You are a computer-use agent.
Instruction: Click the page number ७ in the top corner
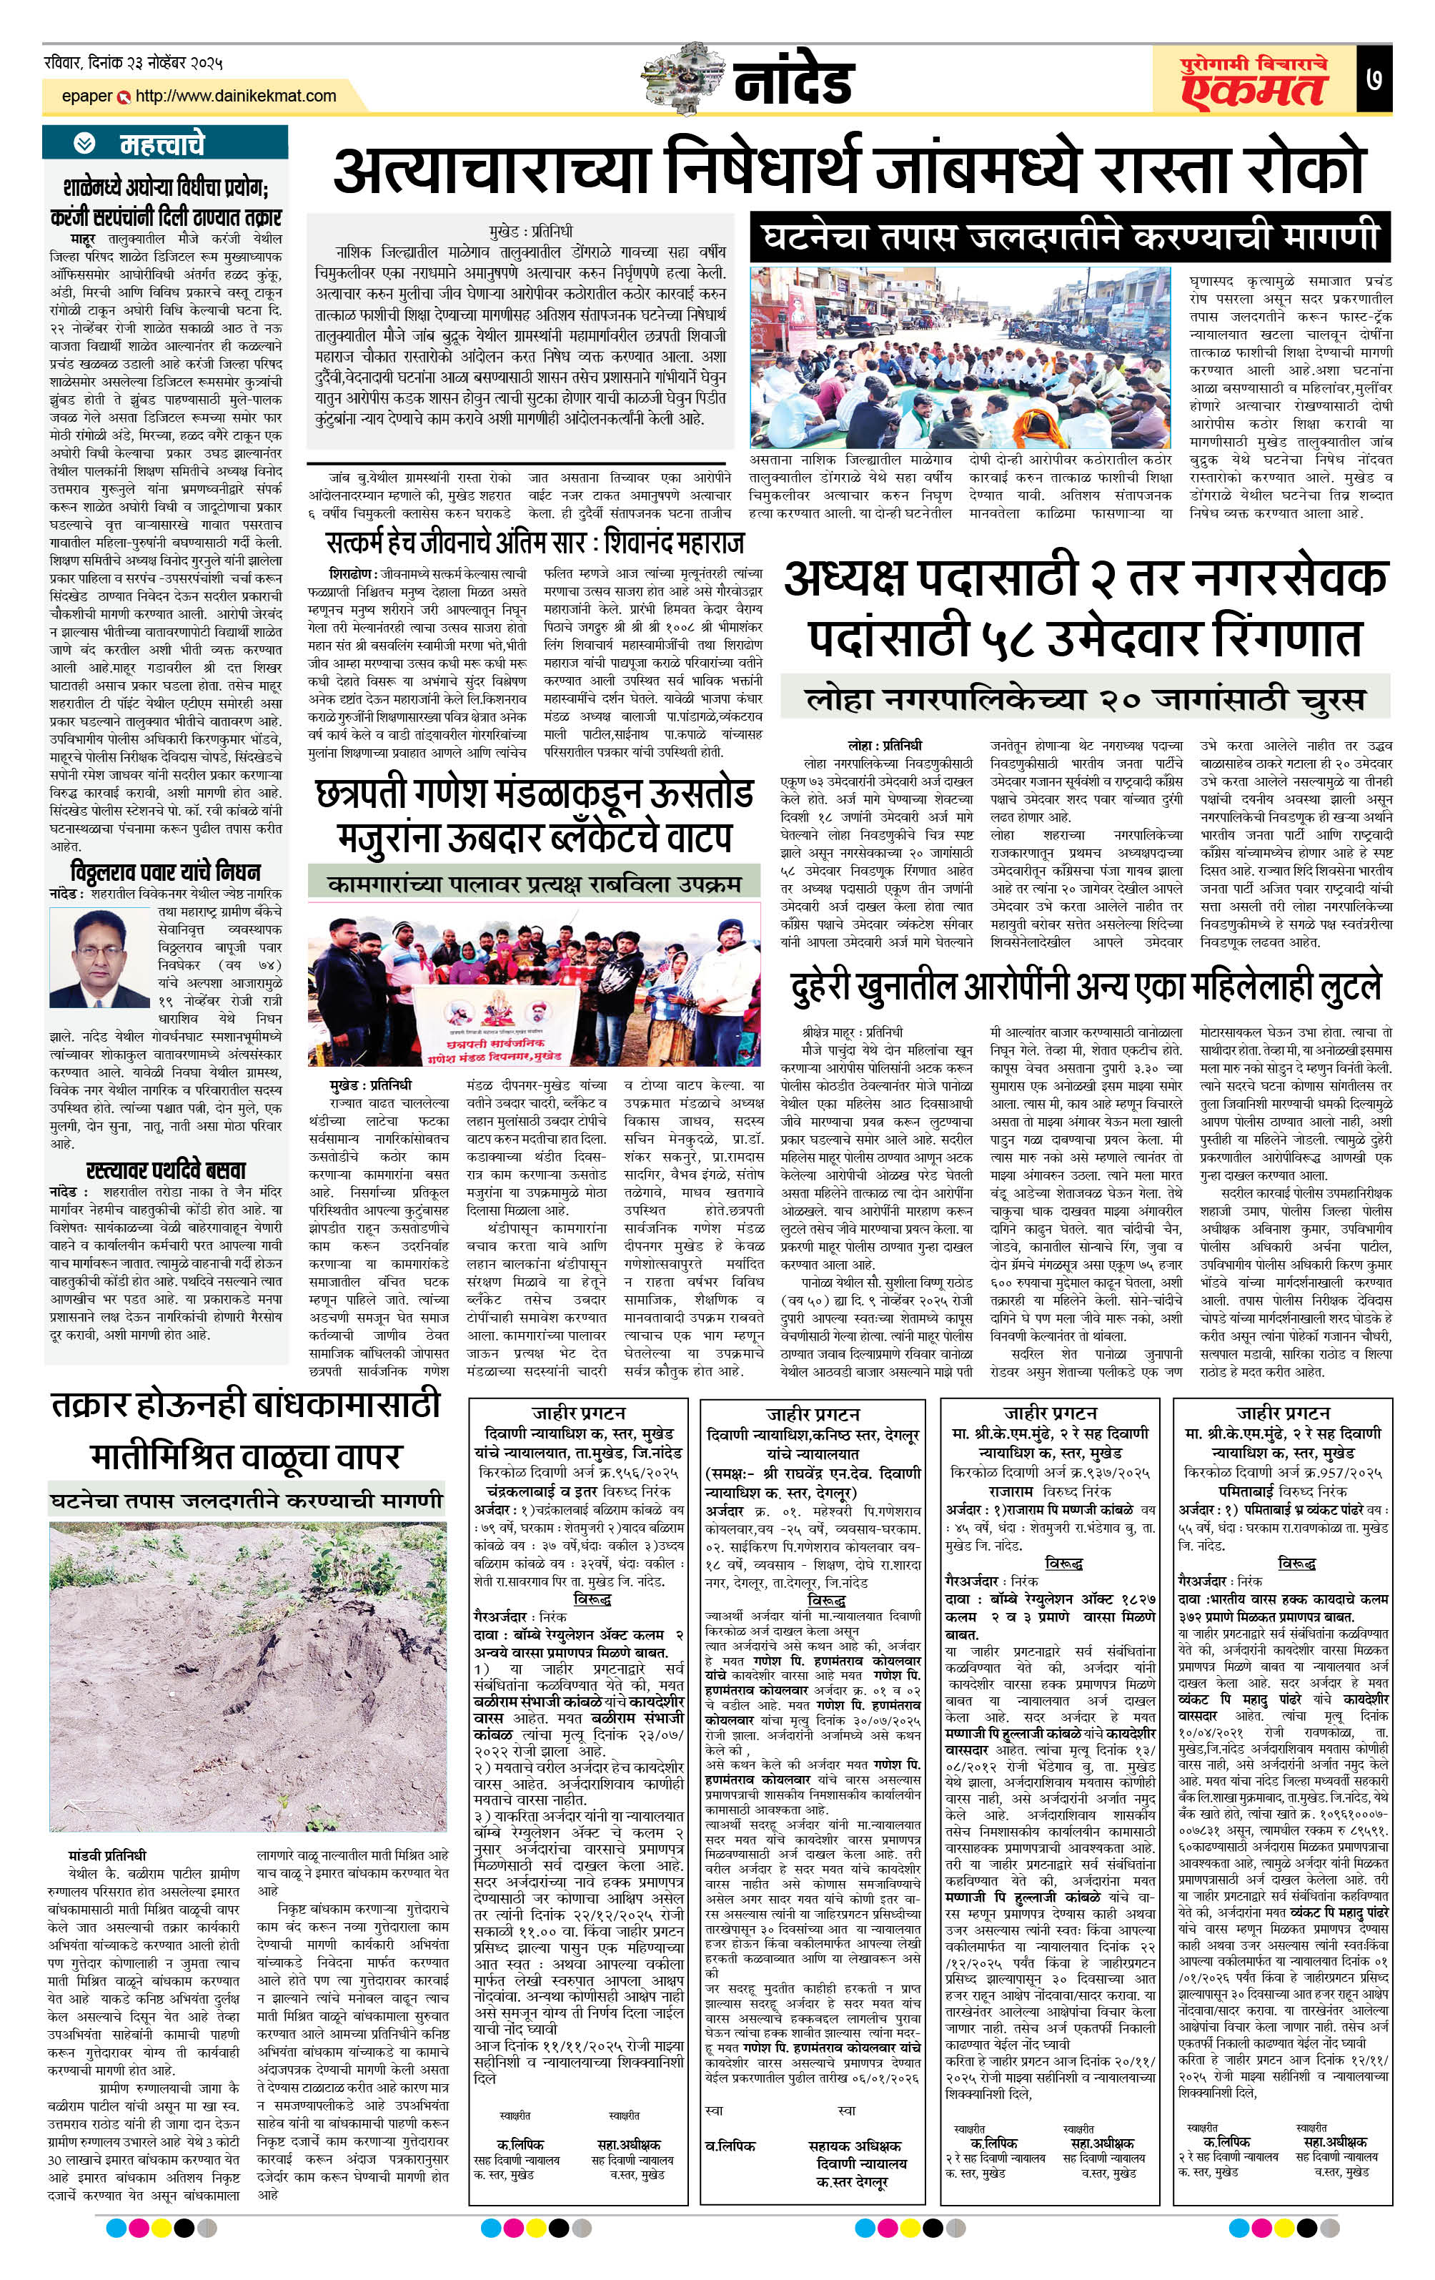click(x=1374, y=78)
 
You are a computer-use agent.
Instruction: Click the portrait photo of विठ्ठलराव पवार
click(x=99, y=957)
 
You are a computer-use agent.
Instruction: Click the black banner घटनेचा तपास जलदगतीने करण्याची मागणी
click(x=1071, y=237)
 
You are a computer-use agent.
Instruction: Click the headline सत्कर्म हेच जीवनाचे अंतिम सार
click(x=535, y=543)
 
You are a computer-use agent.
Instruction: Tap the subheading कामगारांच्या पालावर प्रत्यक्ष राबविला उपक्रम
click(x=534, y=884)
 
